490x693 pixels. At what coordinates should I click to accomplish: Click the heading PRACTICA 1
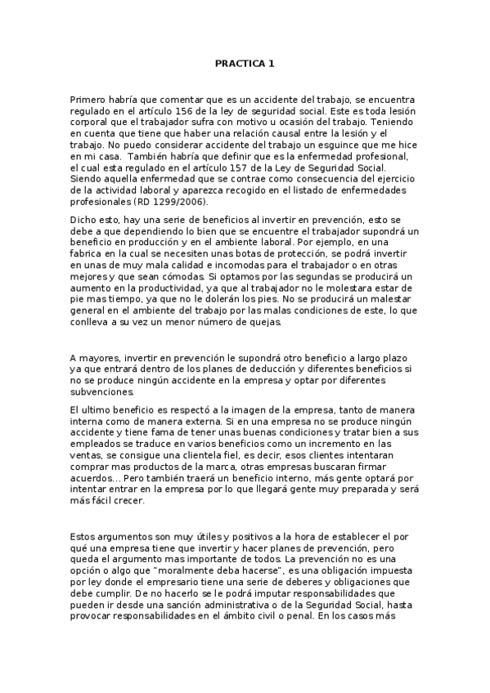(245, 62)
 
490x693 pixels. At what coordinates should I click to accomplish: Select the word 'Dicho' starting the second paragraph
(83, 221)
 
